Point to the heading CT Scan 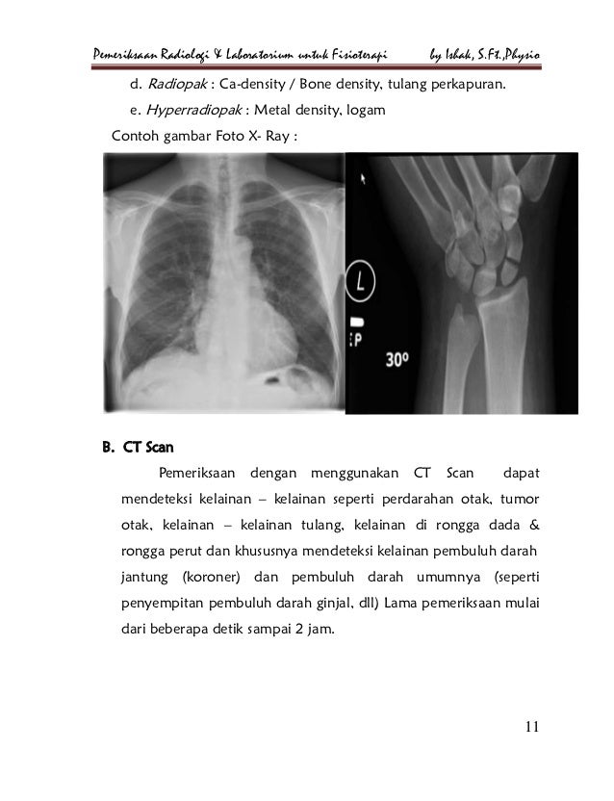point(145,447)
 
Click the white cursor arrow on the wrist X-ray point(362,177)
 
